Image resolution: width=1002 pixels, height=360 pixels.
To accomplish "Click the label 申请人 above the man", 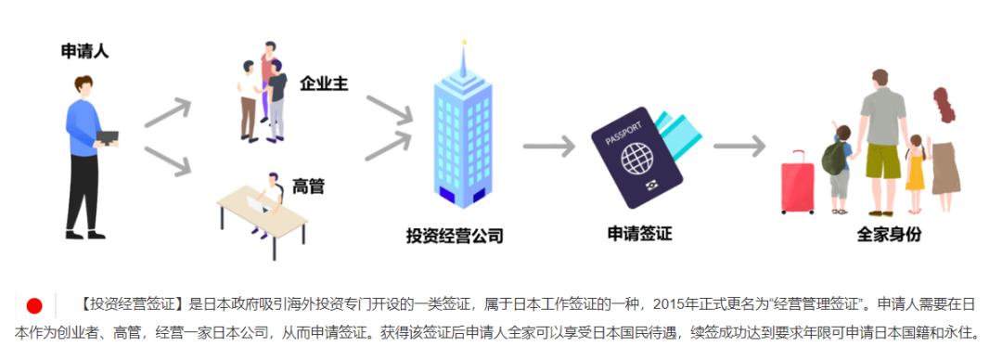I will [x=85, y=52].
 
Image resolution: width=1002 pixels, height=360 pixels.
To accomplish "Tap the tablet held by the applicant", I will [x=109, y=137].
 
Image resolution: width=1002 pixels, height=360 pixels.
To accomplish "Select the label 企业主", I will [x=324, y=83].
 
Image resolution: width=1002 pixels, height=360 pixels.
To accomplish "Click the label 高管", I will [x=308, y=186].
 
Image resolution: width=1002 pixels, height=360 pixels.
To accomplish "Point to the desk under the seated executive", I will [x=259, y=210].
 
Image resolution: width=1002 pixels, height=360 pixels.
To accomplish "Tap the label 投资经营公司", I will [x=455, y=236].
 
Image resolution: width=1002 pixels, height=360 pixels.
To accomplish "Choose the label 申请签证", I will [x=639, y=234].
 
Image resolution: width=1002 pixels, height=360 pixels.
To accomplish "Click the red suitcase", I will [x=797, y=182].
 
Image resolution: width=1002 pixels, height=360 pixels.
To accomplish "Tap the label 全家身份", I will [x=889, y=235].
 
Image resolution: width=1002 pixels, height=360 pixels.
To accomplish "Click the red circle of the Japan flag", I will [x=34, y=306].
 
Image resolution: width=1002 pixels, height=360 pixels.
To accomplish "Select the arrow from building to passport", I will [x=548, y=147].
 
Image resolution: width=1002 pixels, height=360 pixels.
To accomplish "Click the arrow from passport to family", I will [x=739, y=146].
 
